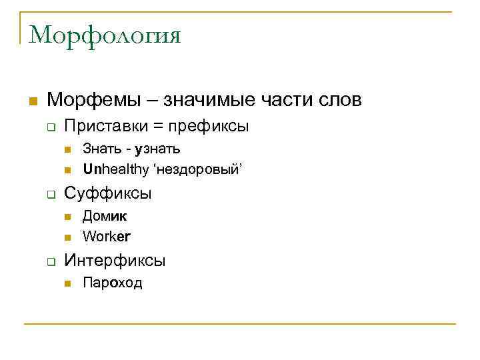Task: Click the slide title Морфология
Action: (x=105, y=35)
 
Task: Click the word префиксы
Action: (x=208, y=126)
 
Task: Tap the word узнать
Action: (x=157, y=149)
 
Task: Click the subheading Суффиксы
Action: (x=107, y=193)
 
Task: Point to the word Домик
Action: (x=105, y=216)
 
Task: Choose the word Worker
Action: (x=107, y=237)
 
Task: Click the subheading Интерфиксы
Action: (x=115, y=260)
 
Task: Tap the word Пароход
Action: (x=112, y=283)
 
